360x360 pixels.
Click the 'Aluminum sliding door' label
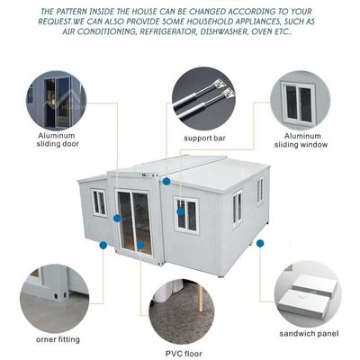(x=58, y=139)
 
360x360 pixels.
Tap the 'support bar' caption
(x=204, y=139)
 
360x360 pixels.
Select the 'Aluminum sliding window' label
(x=301, y=140)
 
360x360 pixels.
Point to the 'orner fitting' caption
(x=58, y=339)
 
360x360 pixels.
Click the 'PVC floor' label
(x=184, y=354)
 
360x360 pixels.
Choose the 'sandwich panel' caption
(x=309, y=334)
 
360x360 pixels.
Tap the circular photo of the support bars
(x=203, y=99)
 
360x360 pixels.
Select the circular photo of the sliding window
(x=301, y=101)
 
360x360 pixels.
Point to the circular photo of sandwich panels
(x=308, y=294)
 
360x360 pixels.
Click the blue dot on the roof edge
(x=166, y=181)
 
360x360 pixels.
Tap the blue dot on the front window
(x=181, y=211)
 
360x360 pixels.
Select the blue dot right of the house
(x=260, y=244)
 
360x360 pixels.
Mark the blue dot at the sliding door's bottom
(x=140, y=245)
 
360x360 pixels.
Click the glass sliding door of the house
(x=134, y=222)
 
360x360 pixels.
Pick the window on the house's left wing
(x=99, y=202)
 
